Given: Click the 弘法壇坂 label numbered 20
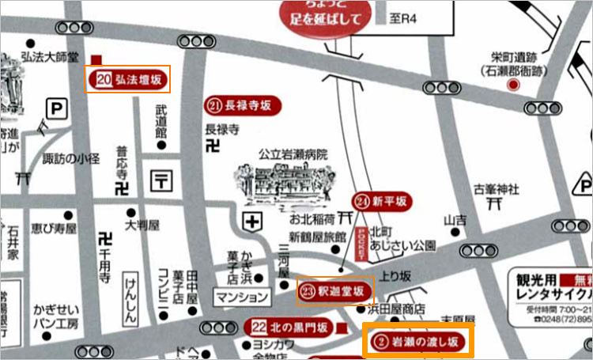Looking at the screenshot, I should coord(128,79).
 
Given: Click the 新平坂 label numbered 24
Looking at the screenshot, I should coord(382,201).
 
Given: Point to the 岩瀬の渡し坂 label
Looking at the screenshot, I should coord(417,342).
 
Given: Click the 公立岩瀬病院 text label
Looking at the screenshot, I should coord(293,154).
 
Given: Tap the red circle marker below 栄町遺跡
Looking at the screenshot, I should coord(513,85).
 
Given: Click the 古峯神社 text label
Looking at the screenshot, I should coord(497,189).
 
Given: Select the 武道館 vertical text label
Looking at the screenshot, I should coord(161,123).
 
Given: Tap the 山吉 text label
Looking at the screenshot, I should coord(454,219).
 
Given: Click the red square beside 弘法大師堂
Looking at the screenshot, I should coord(97,59).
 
